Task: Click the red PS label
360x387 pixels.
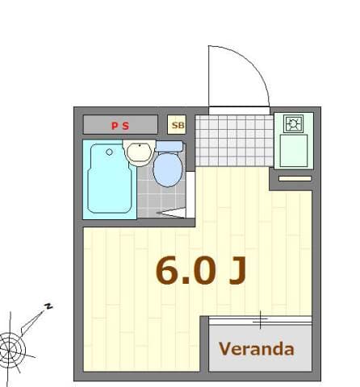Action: (119, 125)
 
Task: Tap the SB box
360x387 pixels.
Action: (177, 125)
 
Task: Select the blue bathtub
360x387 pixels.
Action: (108, 178)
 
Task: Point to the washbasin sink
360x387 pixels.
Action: (140, 151)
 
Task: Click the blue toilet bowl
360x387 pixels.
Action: (168, 169)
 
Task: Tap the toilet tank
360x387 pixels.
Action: (169, 147)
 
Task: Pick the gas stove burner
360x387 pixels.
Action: (293, 124)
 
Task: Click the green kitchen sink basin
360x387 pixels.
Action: (294, 151)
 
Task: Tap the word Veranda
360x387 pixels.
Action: (256, 350)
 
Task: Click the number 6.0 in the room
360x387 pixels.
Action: (186, 272)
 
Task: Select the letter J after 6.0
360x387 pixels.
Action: (236, 272)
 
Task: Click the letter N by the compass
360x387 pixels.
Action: (48, 306)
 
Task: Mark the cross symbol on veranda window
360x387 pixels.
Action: (260, 320)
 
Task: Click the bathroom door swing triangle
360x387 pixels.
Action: (174, 213)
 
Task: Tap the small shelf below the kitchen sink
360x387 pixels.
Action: (295, 177)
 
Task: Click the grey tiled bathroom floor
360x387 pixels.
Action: (149, 198)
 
